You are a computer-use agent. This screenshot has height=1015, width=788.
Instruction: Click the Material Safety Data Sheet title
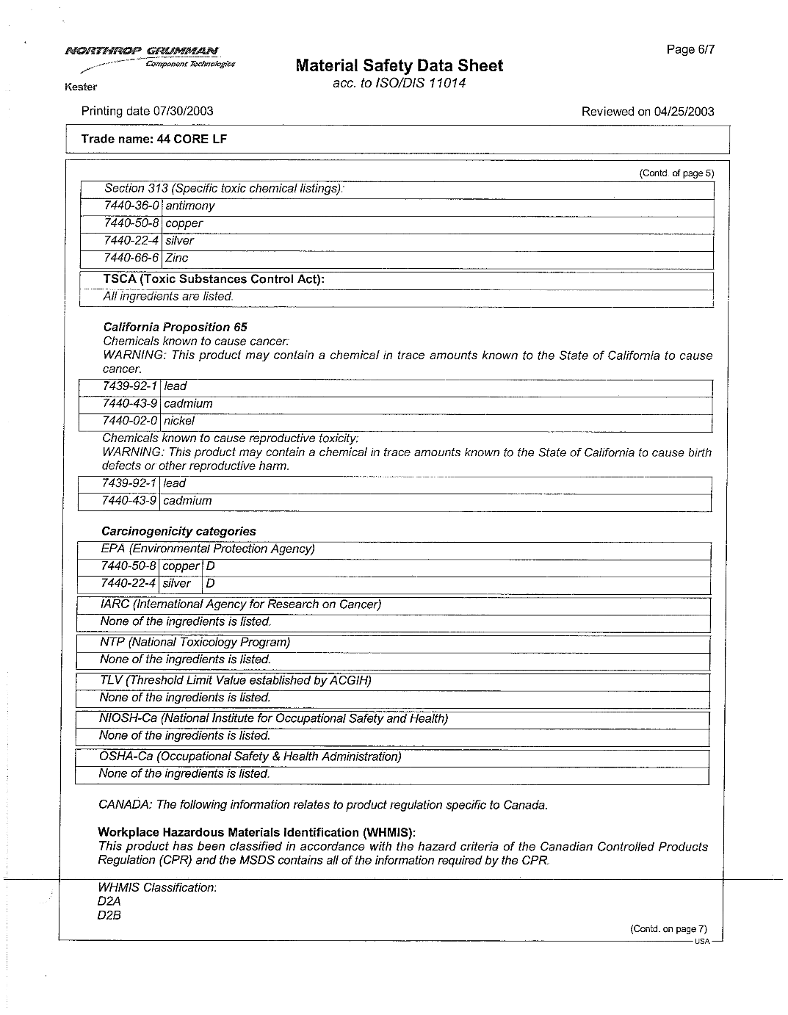tap(399, 66)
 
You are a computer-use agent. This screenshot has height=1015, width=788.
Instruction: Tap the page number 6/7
tap(690, 49)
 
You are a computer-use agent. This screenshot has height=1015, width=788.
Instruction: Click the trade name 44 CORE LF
tap(153, 139)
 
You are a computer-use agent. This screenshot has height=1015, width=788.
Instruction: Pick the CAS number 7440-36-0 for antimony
tap(131, 206)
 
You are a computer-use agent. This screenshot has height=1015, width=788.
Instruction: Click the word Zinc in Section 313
tap(176, 258)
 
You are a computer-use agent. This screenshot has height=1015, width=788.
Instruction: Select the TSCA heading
tap(214, 279)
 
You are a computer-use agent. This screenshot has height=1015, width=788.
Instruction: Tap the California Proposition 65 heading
tap(175, 327)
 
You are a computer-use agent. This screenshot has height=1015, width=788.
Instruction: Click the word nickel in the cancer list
tap(178, 421)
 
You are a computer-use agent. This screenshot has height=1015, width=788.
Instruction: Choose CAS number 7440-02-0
tap(130, 421)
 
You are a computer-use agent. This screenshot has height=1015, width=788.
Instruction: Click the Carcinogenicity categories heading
tap(178, 531)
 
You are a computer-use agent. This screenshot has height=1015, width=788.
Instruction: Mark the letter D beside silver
tap(211, 583)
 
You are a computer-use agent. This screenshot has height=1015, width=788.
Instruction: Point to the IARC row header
tap(240, 604)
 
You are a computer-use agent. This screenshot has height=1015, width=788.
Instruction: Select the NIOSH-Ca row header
tap(273, 718)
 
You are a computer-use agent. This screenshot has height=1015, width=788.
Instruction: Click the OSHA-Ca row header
tap(250, 756)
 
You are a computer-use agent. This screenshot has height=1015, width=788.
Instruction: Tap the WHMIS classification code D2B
tap(109, 915)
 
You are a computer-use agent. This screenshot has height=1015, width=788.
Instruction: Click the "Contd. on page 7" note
tap(668, 928)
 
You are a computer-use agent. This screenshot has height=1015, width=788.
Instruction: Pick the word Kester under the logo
tap(81, 87)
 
